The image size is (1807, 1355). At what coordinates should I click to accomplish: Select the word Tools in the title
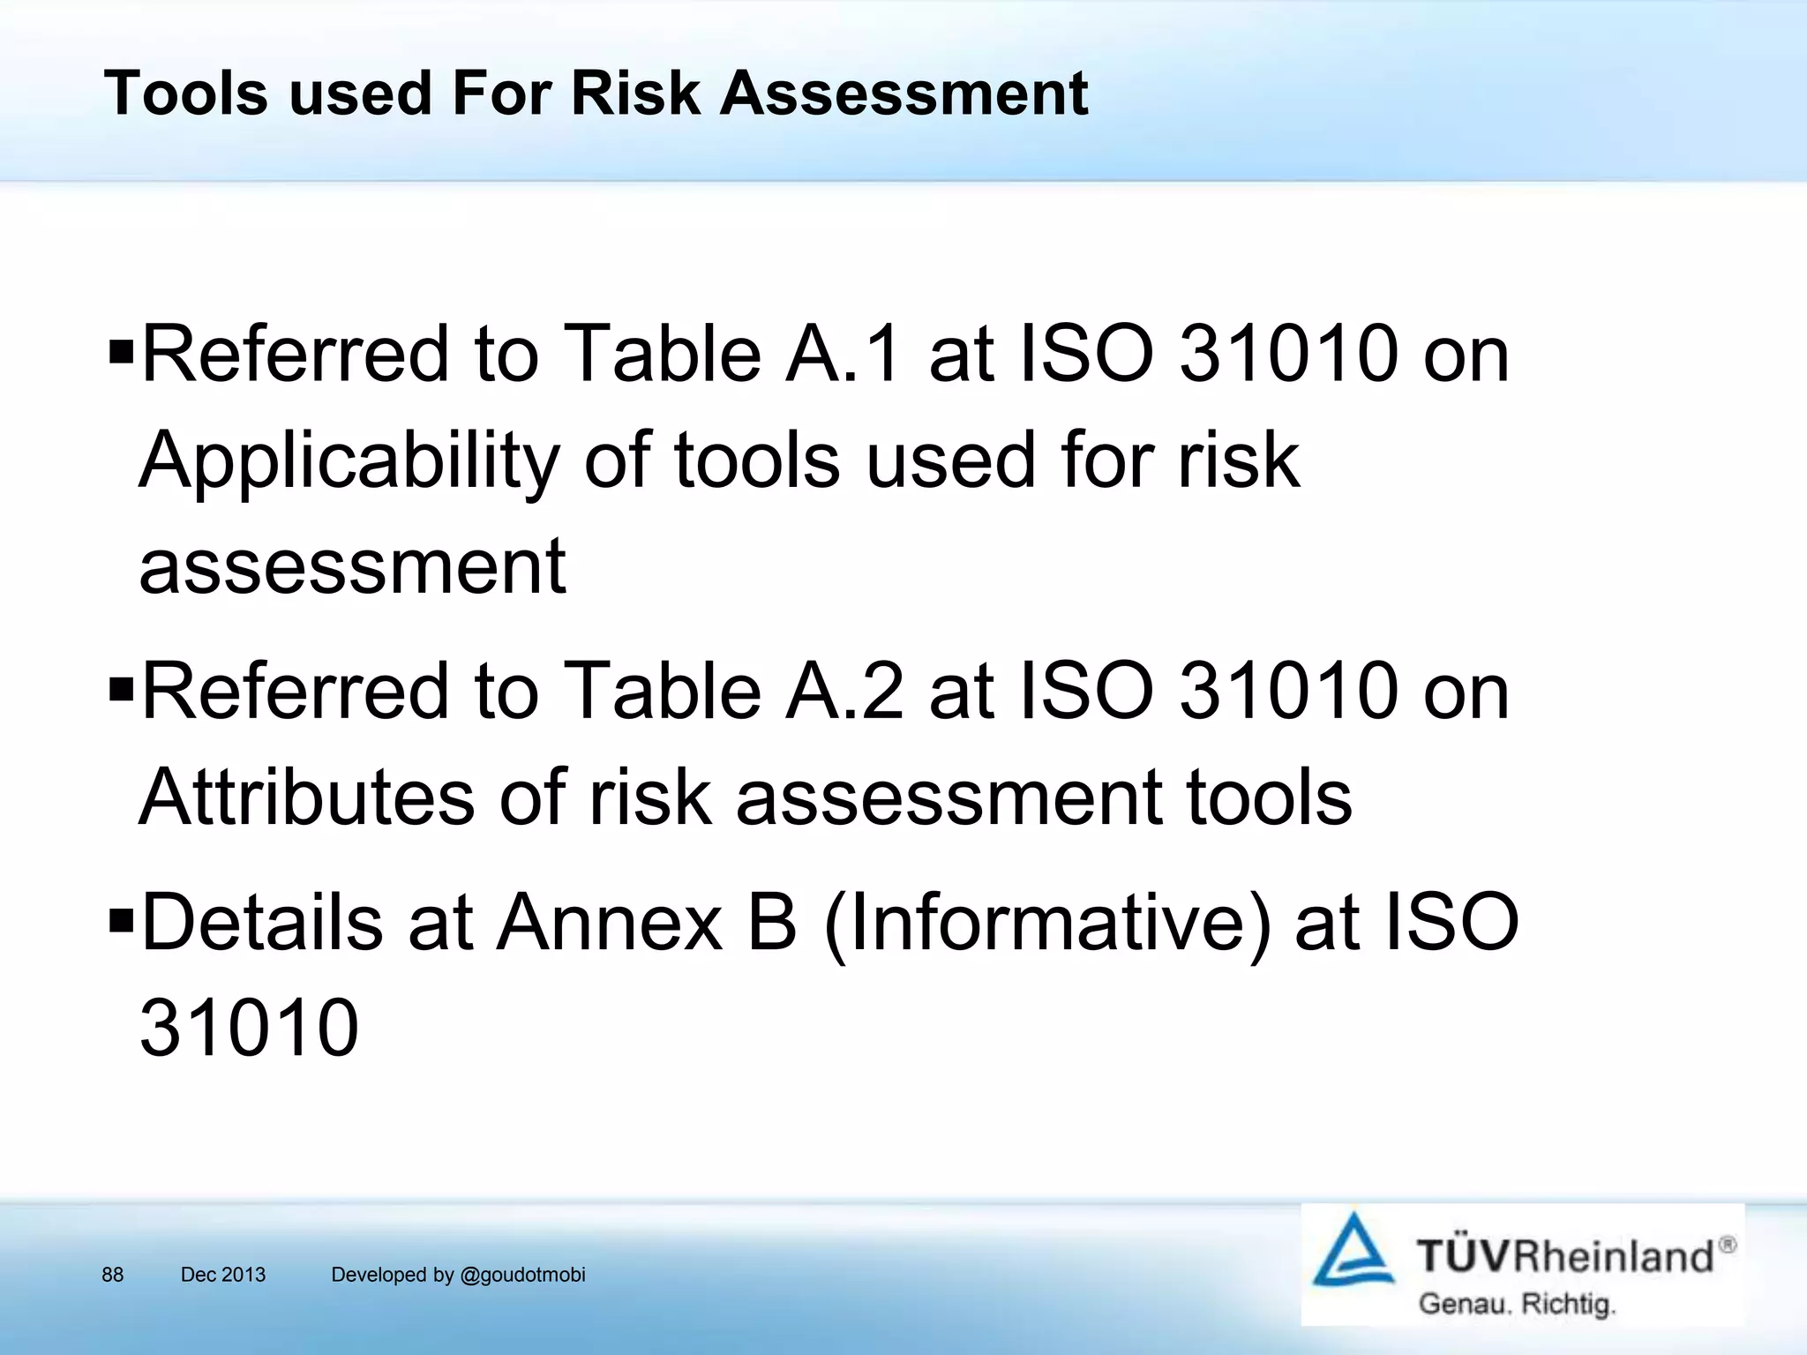(185, 94)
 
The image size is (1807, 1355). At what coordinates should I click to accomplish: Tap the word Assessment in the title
(903, 94)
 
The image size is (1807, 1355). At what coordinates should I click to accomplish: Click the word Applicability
(349, 462)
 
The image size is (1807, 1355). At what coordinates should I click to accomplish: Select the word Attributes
(306, 797)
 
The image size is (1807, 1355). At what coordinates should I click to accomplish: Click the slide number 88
(112, 1274)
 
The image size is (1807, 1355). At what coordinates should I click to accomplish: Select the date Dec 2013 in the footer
(222, 1274)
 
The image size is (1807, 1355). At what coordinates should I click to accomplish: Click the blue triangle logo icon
(1353, 1252)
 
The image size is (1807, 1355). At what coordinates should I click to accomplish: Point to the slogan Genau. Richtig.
(1516, 1304)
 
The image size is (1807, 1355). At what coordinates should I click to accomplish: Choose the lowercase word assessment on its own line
(352, 566)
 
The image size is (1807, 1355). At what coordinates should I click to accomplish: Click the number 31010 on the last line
(249, 1027)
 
